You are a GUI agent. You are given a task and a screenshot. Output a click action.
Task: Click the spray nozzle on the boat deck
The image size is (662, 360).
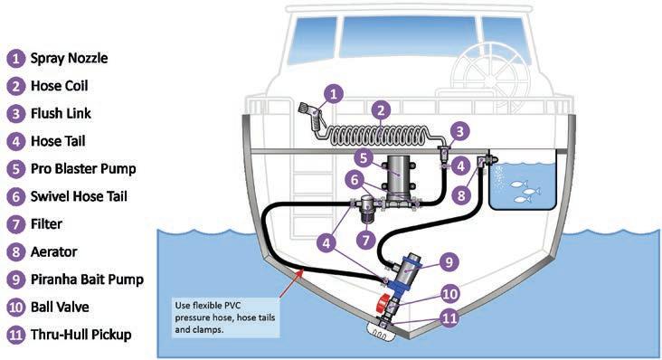tap(311, 116)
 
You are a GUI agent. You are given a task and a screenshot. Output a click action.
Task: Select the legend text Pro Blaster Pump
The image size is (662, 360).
tap(83, 169)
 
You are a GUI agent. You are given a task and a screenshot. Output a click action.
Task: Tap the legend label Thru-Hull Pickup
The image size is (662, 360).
tap(81, 335)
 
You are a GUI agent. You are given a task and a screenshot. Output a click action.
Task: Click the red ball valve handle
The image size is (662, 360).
tap(383, 303)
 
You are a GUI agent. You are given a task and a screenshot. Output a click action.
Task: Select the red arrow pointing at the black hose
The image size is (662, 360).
tap(291, 285)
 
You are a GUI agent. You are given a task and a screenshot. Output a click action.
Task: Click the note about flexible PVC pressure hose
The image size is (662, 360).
tap(225, 317)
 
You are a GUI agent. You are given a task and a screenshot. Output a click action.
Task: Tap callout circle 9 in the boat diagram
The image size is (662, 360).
tap(449, 262)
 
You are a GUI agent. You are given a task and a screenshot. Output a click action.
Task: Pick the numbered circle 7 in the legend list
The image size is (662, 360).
tap(15, 224)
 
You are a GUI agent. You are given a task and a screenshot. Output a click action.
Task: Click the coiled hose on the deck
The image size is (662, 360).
tap(380, 136)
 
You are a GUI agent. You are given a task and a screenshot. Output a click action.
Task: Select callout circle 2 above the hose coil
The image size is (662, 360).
tap(381, 110)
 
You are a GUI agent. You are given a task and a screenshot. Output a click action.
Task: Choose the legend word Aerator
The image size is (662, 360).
tap(53, 252)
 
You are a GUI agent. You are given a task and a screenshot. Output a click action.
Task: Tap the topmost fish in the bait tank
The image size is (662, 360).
tap(518, 184)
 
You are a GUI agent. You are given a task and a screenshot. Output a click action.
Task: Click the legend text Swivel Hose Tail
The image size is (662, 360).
tap(79, 196)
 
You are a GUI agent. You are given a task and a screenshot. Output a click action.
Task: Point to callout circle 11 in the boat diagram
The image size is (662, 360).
tap(449, 317)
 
